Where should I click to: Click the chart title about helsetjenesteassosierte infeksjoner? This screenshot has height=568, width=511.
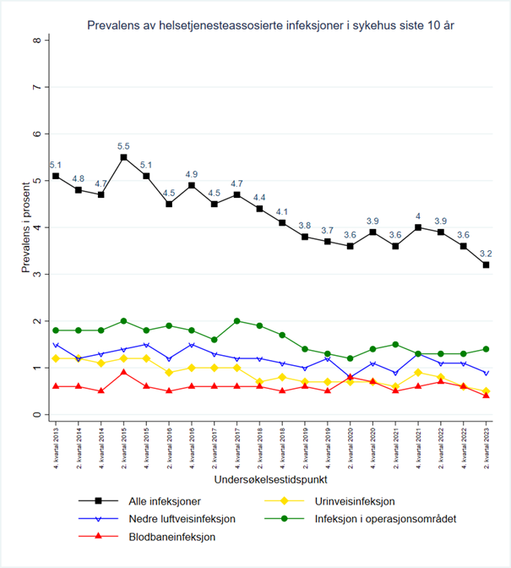coord(272,25)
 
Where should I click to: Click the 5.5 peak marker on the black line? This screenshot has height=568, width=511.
coord(123,157)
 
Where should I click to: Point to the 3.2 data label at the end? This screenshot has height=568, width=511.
coord(487,253)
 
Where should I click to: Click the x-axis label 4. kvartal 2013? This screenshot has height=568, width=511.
coord(56,446)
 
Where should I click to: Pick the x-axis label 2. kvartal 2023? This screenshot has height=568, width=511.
coord(487,446)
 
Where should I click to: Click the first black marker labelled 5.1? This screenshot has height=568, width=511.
coord(56,176)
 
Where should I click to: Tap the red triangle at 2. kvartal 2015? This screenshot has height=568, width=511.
coord(123,373)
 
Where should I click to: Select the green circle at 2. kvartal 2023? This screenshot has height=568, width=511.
coord(487,349)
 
